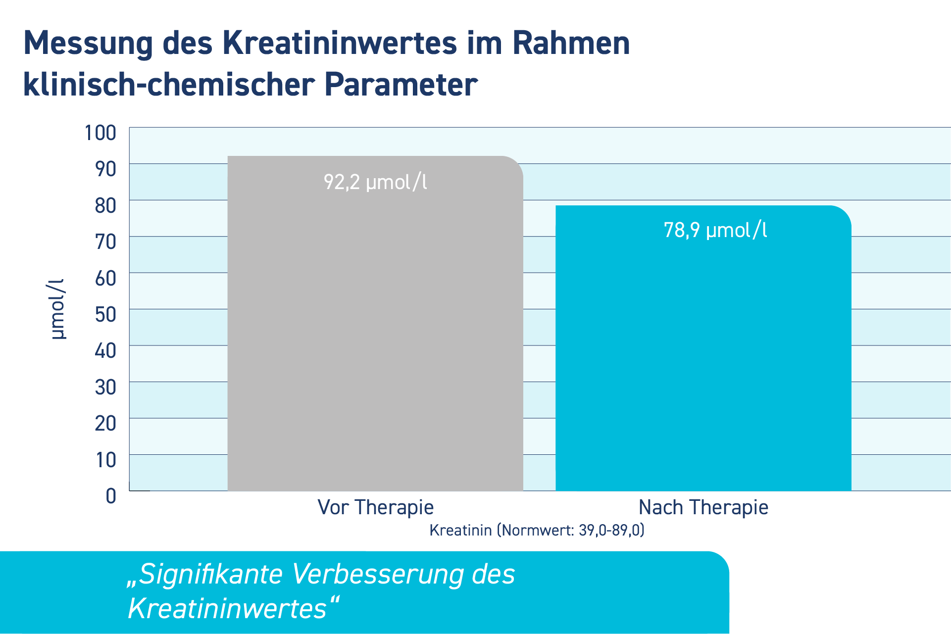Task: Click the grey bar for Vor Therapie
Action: coord(375,324)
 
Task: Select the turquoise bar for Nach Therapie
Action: coord(703,348)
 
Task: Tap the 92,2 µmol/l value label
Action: coord(375,182)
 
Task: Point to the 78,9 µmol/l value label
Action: coord(715,230)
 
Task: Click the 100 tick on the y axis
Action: coord(100,133)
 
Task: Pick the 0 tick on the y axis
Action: coord(111,496)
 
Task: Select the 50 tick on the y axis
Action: coord(105,314)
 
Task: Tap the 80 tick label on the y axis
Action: coord(105,205)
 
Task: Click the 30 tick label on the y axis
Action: coord(105,387)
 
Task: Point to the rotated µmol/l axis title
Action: coord(57,309)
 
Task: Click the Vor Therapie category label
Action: coord(375,507)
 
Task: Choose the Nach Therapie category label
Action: coord(703,507)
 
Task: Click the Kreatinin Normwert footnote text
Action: coord(537,530)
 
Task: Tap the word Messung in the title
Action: coord(88,44)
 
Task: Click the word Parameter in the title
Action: coord(401,84)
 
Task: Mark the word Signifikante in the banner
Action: coord(204,575)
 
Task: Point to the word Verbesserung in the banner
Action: coord(378,575)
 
